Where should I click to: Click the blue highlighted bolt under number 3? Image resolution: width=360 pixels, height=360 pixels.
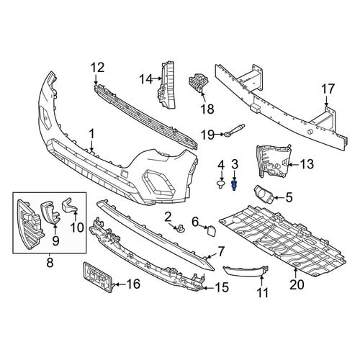[234, 186]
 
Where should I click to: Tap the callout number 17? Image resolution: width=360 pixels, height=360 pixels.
[328, 89]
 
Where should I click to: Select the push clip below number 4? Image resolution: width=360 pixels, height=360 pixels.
[221, 185]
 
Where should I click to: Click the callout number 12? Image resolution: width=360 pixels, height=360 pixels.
[98, 68]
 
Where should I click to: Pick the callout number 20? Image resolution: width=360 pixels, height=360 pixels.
[297, 285]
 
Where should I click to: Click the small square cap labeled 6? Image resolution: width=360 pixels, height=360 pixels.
[210, 230]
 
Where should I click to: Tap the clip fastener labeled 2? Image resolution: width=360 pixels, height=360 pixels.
[181, 228]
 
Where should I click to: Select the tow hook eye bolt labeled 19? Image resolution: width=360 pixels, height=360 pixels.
[234, 130]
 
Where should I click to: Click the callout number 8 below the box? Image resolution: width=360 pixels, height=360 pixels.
[50, 263]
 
